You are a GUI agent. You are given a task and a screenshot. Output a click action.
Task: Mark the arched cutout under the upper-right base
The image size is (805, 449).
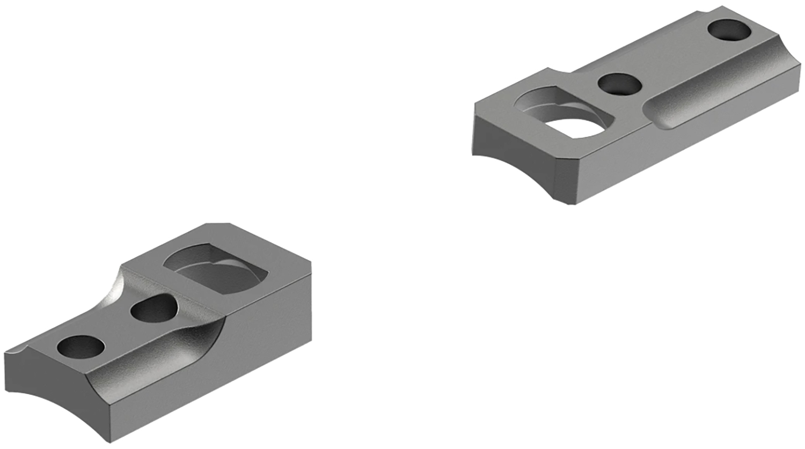515,172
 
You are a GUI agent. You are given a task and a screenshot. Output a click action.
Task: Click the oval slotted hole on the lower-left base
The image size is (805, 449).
153,310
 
